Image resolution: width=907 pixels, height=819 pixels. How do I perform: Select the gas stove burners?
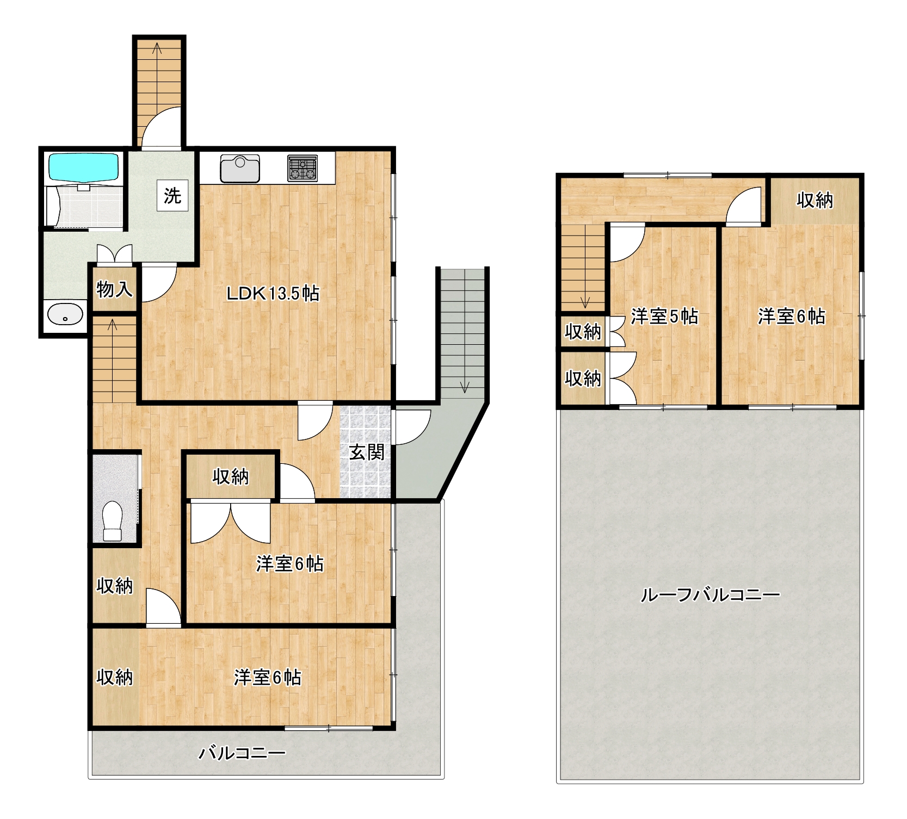pos(303,168)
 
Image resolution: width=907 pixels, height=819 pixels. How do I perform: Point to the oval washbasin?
pos(65,315)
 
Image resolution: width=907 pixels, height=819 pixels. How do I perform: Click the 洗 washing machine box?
pos(173,195)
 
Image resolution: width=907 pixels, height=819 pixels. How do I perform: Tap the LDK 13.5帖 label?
pos(273,294)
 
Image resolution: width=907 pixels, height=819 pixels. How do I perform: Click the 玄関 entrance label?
pos(367,452)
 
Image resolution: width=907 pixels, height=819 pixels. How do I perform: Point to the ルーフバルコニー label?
pos(710,594)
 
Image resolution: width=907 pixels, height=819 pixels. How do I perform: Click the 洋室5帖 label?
pos(664,316)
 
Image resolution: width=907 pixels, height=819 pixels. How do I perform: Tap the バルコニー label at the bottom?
pos(242,753)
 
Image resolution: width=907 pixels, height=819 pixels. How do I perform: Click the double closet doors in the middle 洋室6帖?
pos(231,523)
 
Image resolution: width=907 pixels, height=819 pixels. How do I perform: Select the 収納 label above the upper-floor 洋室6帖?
pos(815,200)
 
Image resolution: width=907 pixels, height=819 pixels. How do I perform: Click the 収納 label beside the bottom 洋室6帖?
pos(114,677)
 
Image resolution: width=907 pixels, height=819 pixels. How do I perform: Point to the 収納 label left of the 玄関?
pos(231,476)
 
